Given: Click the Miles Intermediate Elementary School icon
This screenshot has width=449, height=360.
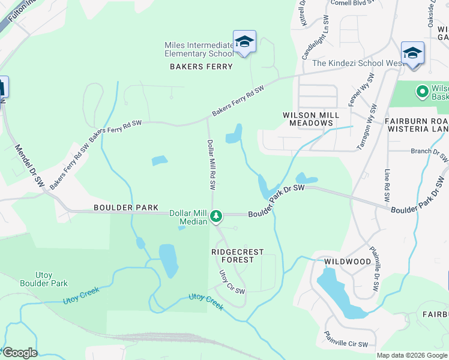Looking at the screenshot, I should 244,42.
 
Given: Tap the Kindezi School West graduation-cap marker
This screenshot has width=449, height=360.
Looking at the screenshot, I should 412,53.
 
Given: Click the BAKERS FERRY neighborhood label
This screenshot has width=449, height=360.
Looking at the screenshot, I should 201,67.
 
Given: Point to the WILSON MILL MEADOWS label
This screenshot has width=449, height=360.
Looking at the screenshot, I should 310,119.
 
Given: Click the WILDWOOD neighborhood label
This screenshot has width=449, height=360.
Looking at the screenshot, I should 348,262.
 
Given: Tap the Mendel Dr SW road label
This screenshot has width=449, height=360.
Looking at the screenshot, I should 29,164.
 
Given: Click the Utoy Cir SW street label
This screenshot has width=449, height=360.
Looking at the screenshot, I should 232,282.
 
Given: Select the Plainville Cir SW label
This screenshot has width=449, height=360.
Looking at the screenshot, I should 346,340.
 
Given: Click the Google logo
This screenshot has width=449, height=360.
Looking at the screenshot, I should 20,353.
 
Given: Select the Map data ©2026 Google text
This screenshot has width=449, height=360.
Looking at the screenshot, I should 412,355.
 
